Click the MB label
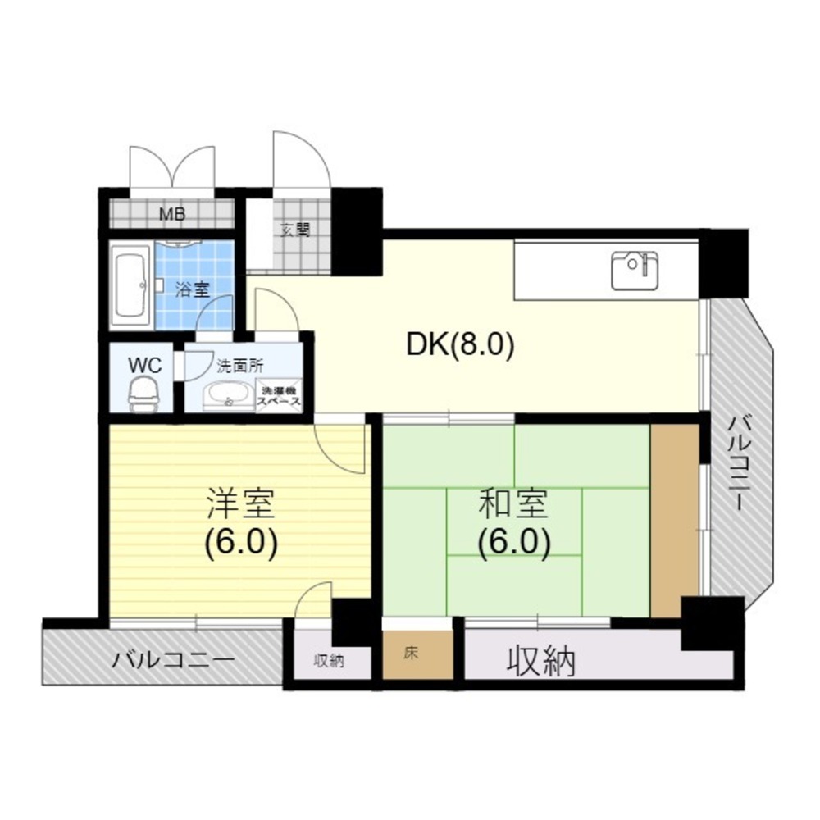click(172, 214)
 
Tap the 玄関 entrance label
click(295, 230)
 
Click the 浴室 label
click(192, 289)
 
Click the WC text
click(145, 366)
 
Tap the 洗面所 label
click(240, 366)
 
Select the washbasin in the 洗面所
click(227, 394)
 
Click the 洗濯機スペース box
click(280, 395)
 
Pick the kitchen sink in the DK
click(635, 270)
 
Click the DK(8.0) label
click(461, 344)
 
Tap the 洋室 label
click(240, 503)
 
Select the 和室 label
click(513, 504)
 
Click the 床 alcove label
click(411, 654)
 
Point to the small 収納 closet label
click(329, 661)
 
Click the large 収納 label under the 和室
click(541, 662)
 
